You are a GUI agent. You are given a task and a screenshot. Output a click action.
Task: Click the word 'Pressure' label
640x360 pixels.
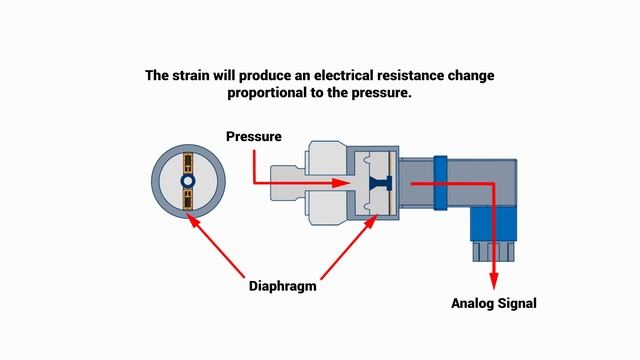click(x=254, y=136)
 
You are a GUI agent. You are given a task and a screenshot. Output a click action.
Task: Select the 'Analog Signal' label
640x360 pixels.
click(x=494, y=303)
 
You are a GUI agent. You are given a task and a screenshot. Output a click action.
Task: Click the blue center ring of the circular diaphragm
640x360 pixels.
click(x=187, y=181)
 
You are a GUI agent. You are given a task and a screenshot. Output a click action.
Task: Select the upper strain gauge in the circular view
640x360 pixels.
click(x=187, y=162)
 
